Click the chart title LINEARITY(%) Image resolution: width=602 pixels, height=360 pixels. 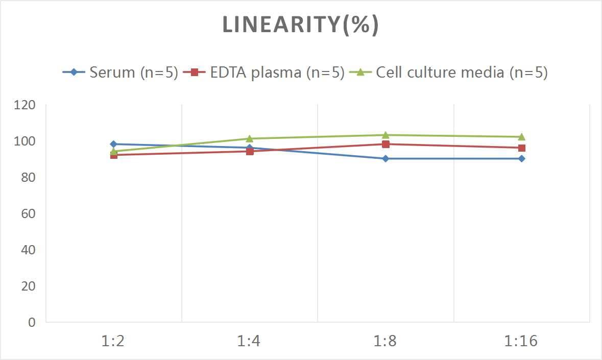click(x=300, y=25)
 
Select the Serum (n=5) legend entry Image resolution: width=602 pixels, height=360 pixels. click(x=120, y=72)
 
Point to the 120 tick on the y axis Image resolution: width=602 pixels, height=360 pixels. click(x=25, y=105)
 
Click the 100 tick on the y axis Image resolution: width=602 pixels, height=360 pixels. click(x=25, y=141)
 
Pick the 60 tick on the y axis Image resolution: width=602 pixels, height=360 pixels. click(x=28, y=213)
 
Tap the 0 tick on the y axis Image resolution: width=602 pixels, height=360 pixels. click(x=32, y=322)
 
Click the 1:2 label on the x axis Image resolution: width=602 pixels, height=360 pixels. click(x=113, y=341)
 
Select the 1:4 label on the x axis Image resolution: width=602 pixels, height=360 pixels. click(x=249, y=341)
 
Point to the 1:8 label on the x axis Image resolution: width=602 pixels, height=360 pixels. click(x=386, y=341)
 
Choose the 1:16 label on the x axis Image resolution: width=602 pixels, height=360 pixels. click(x=521, y=341)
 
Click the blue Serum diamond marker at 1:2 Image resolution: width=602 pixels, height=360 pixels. click(x=113, y=144)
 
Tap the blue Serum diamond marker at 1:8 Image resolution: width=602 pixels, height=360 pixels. click(x=386, y=158)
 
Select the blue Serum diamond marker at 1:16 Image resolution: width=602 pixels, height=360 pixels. click(x=521, y=158)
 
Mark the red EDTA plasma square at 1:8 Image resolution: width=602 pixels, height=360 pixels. click(x=386, y=144)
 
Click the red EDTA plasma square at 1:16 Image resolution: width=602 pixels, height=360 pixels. click(x=521, y=148)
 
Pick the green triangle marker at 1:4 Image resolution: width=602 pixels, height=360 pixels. click(x=249, y=138)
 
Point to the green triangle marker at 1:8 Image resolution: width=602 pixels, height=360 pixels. click(x=386, y=135)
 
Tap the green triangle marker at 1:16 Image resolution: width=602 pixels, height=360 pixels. click(x=521, y=136)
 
